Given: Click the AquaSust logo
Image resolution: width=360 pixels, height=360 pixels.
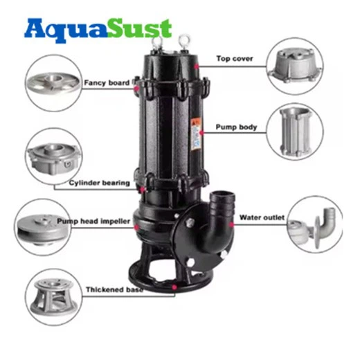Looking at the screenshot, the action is (98, 30).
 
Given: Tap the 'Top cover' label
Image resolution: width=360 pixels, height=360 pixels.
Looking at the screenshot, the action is (235, 59).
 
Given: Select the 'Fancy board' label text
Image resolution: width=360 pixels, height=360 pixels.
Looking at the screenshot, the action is (107, 82).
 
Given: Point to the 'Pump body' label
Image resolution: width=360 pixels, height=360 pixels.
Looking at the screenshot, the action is (236, 127).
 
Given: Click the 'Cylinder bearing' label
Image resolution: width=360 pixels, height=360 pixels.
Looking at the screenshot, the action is (100, 183).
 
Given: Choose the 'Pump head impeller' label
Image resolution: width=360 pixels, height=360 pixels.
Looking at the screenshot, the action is (93, 222).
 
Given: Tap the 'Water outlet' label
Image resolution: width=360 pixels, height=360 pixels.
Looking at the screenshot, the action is (262, 217).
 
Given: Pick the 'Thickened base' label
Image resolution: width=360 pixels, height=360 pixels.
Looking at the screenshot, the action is (114, 289).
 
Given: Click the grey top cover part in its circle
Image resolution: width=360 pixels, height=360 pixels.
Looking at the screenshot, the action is (295, 65).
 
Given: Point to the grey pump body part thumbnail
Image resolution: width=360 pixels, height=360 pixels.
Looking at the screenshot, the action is (296, 132).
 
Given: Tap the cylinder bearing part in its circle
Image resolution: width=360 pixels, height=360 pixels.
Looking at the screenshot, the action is (54, 159).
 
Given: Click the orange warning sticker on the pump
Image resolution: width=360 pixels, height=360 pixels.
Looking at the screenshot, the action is (196, 134).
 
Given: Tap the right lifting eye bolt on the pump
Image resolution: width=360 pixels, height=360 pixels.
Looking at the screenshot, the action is (184, 42).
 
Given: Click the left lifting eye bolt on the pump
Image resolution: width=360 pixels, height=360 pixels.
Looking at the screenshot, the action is (156, 43).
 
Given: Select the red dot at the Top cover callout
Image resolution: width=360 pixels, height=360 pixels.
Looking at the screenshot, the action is (197, 66).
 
